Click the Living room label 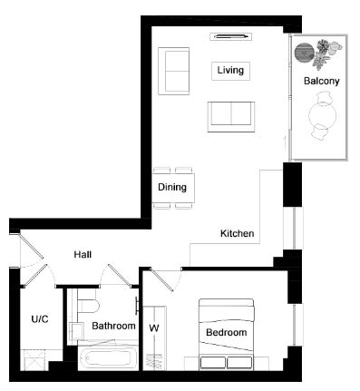tap(230, 70)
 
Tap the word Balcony tap(321, 81)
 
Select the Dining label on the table tap(172, 187)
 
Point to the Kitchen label tap(237, 233)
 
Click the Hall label tap(83, 254)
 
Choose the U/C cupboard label tap(40, 318)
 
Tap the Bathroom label tap(113, 326)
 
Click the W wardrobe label tap(154, 327)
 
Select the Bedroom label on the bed tap(227, 332)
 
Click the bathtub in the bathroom tap(108, 358)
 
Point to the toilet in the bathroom tap(88, 305)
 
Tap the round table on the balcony tap(323, 115)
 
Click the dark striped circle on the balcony tap(304, 53)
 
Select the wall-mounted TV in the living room tap(231, 36)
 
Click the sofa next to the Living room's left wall tap(174, 71)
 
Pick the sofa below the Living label tap(231, 117)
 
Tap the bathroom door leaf tap(120, 275)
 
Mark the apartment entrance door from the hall tap(32, 246)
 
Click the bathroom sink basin tap(77, 331)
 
